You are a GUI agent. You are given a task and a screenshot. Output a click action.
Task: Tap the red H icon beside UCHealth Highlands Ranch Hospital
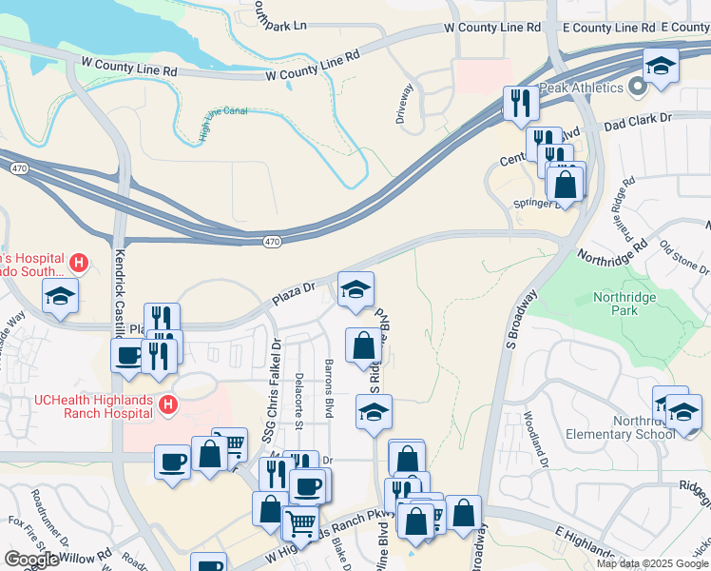point(168,405)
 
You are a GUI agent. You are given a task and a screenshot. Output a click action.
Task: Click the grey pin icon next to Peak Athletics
point(637,88)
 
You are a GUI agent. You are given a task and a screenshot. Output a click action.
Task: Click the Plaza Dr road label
point(295,286)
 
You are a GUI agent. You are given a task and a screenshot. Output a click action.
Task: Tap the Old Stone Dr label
point(679,255)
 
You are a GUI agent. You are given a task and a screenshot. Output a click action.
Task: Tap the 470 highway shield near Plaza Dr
point(272,242)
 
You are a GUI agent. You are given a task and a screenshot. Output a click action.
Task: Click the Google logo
point(32,560)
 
